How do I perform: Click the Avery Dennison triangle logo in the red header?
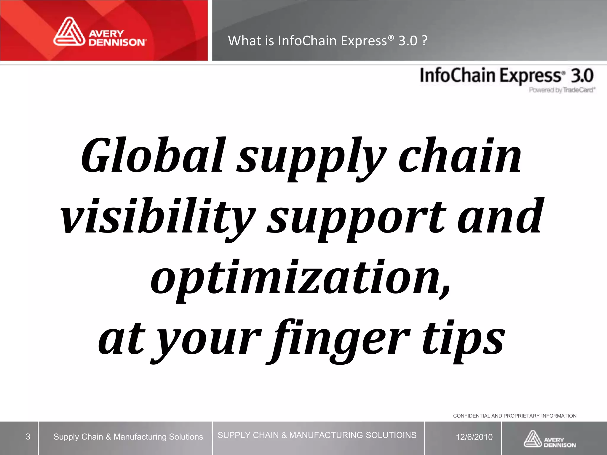pos(69,32)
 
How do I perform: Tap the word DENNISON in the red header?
pos(117,42)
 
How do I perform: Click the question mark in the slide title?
pos(424,41)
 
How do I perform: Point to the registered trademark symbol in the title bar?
pos(392,38)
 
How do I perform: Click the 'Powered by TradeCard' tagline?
pos(562,90)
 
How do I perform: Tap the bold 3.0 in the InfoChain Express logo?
pos(582,76)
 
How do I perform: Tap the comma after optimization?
pos(445,292)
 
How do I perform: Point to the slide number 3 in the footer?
pos(28,437)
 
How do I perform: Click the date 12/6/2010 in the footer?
pos(474,437)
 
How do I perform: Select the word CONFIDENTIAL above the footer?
pos(471,416)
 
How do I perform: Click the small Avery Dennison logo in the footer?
pos(550,439)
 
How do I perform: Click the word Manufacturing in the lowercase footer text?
pos(140,437)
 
